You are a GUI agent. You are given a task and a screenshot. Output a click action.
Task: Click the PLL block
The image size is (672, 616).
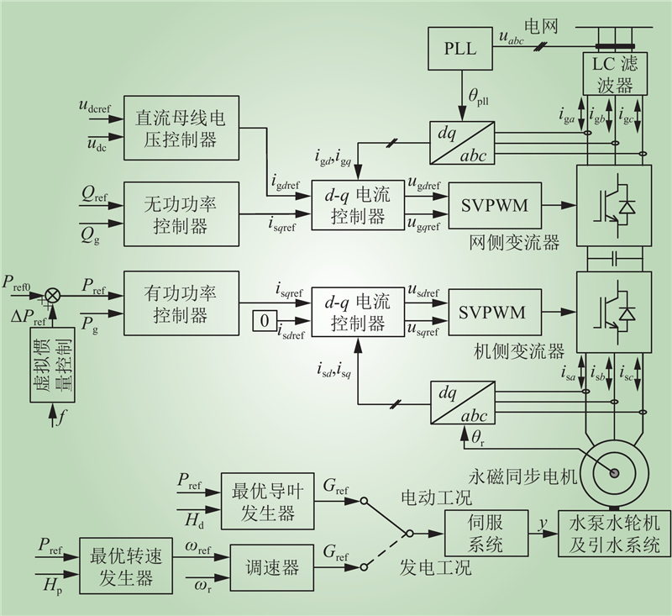tap(459, 49)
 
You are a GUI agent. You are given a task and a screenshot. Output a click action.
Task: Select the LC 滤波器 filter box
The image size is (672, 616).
tap(615, 73)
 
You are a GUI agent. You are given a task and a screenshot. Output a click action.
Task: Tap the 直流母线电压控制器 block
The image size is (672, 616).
tap(181, 128)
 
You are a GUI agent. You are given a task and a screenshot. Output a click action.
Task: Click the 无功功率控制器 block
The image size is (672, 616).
tap(181, 214)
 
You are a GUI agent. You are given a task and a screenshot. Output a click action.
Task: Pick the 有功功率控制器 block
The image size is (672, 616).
tap(181, 303)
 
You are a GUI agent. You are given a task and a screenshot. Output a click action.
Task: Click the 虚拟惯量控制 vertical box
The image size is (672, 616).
tap(52, 365)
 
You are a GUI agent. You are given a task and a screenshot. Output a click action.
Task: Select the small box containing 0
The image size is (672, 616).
tap(265, 321)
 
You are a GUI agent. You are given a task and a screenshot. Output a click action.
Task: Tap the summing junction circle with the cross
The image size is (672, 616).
tap(53, 295)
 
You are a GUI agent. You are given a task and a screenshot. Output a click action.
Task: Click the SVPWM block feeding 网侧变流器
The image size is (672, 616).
tap(495, 205)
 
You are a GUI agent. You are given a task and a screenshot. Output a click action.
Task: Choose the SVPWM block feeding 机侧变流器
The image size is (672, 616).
tap(495, 312)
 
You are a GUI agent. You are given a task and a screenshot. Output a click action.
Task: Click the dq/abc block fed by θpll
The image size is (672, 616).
tap(462, 143)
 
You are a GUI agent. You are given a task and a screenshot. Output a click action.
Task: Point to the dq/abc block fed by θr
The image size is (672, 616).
tap(463, 403)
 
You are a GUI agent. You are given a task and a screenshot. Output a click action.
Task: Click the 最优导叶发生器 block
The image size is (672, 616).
tap(267, 502)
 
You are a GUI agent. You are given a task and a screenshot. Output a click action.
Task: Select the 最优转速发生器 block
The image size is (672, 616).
tap(126, 566)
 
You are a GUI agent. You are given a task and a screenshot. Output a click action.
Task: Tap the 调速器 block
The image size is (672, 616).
tap(271, 568)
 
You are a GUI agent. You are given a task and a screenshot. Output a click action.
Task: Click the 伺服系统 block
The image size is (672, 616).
tap(486, 534)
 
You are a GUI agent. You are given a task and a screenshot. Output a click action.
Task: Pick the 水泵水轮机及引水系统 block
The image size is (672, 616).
tap(614, 534)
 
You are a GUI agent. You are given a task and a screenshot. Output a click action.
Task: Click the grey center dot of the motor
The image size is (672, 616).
tap(615, 472)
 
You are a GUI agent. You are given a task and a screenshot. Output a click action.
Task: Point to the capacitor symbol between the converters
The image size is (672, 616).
tap(615, 259)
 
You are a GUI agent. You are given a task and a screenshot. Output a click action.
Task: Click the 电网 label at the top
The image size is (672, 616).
tap(541, 27)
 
